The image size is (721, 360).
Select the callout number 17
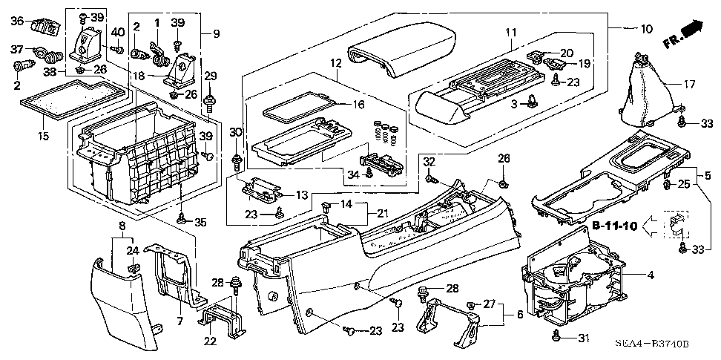tap(689, 84)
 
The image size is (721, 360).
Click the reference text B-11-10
tap(614, 226)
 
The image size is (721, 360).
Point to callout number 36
tap(17, 21)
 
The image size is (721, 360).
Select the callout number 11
tap(510, 33)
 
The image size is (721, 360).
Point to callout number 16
tap(359, 105)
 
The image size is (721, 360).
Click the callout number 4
tap(651, 276)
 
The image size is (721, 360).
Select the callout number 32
tap(429, 162)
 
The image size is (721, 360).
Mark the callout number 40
tap(118, 32)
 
